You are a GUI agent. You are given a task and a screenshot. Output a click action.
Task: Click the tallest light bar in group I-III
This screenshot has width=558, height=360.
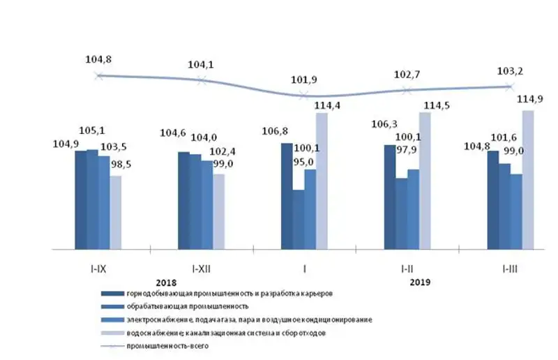(x=528, y=179)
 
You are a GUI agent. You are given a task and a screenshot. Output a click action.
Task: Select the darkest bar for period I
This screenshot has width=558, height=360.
(x=287, y=196)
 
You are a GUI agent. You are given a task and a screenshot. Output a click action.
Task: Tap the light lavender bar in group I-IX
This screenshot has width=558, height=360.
(x=115, y=212)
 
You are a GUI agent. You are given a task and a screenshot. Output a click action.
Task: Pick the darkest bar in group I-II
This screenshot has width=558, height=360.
(x=389, y=197)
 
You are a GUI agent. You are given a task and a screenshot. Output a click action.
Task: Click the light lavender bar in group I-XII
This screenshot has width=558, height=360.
(x=218, y=211)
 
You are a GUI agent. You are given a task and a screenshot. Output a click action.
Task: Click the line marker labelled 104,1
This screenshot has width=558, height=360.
(x=202, y=80)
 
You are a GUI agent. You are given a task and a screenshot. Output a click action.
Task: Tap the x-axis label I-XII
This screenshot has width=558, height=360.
(x=202, y=268)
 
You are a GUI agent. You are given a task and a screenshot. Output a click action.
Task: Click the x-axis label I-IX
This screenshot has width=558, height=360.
(x=98, y=268)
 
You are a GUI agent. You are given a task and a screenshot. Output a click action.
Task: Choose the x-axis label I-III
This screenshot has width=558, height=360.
(x=510, y=268)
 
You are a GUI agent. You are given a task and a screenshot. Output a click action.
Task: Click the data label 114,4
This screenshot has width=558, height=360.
(x=327, y=105)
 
